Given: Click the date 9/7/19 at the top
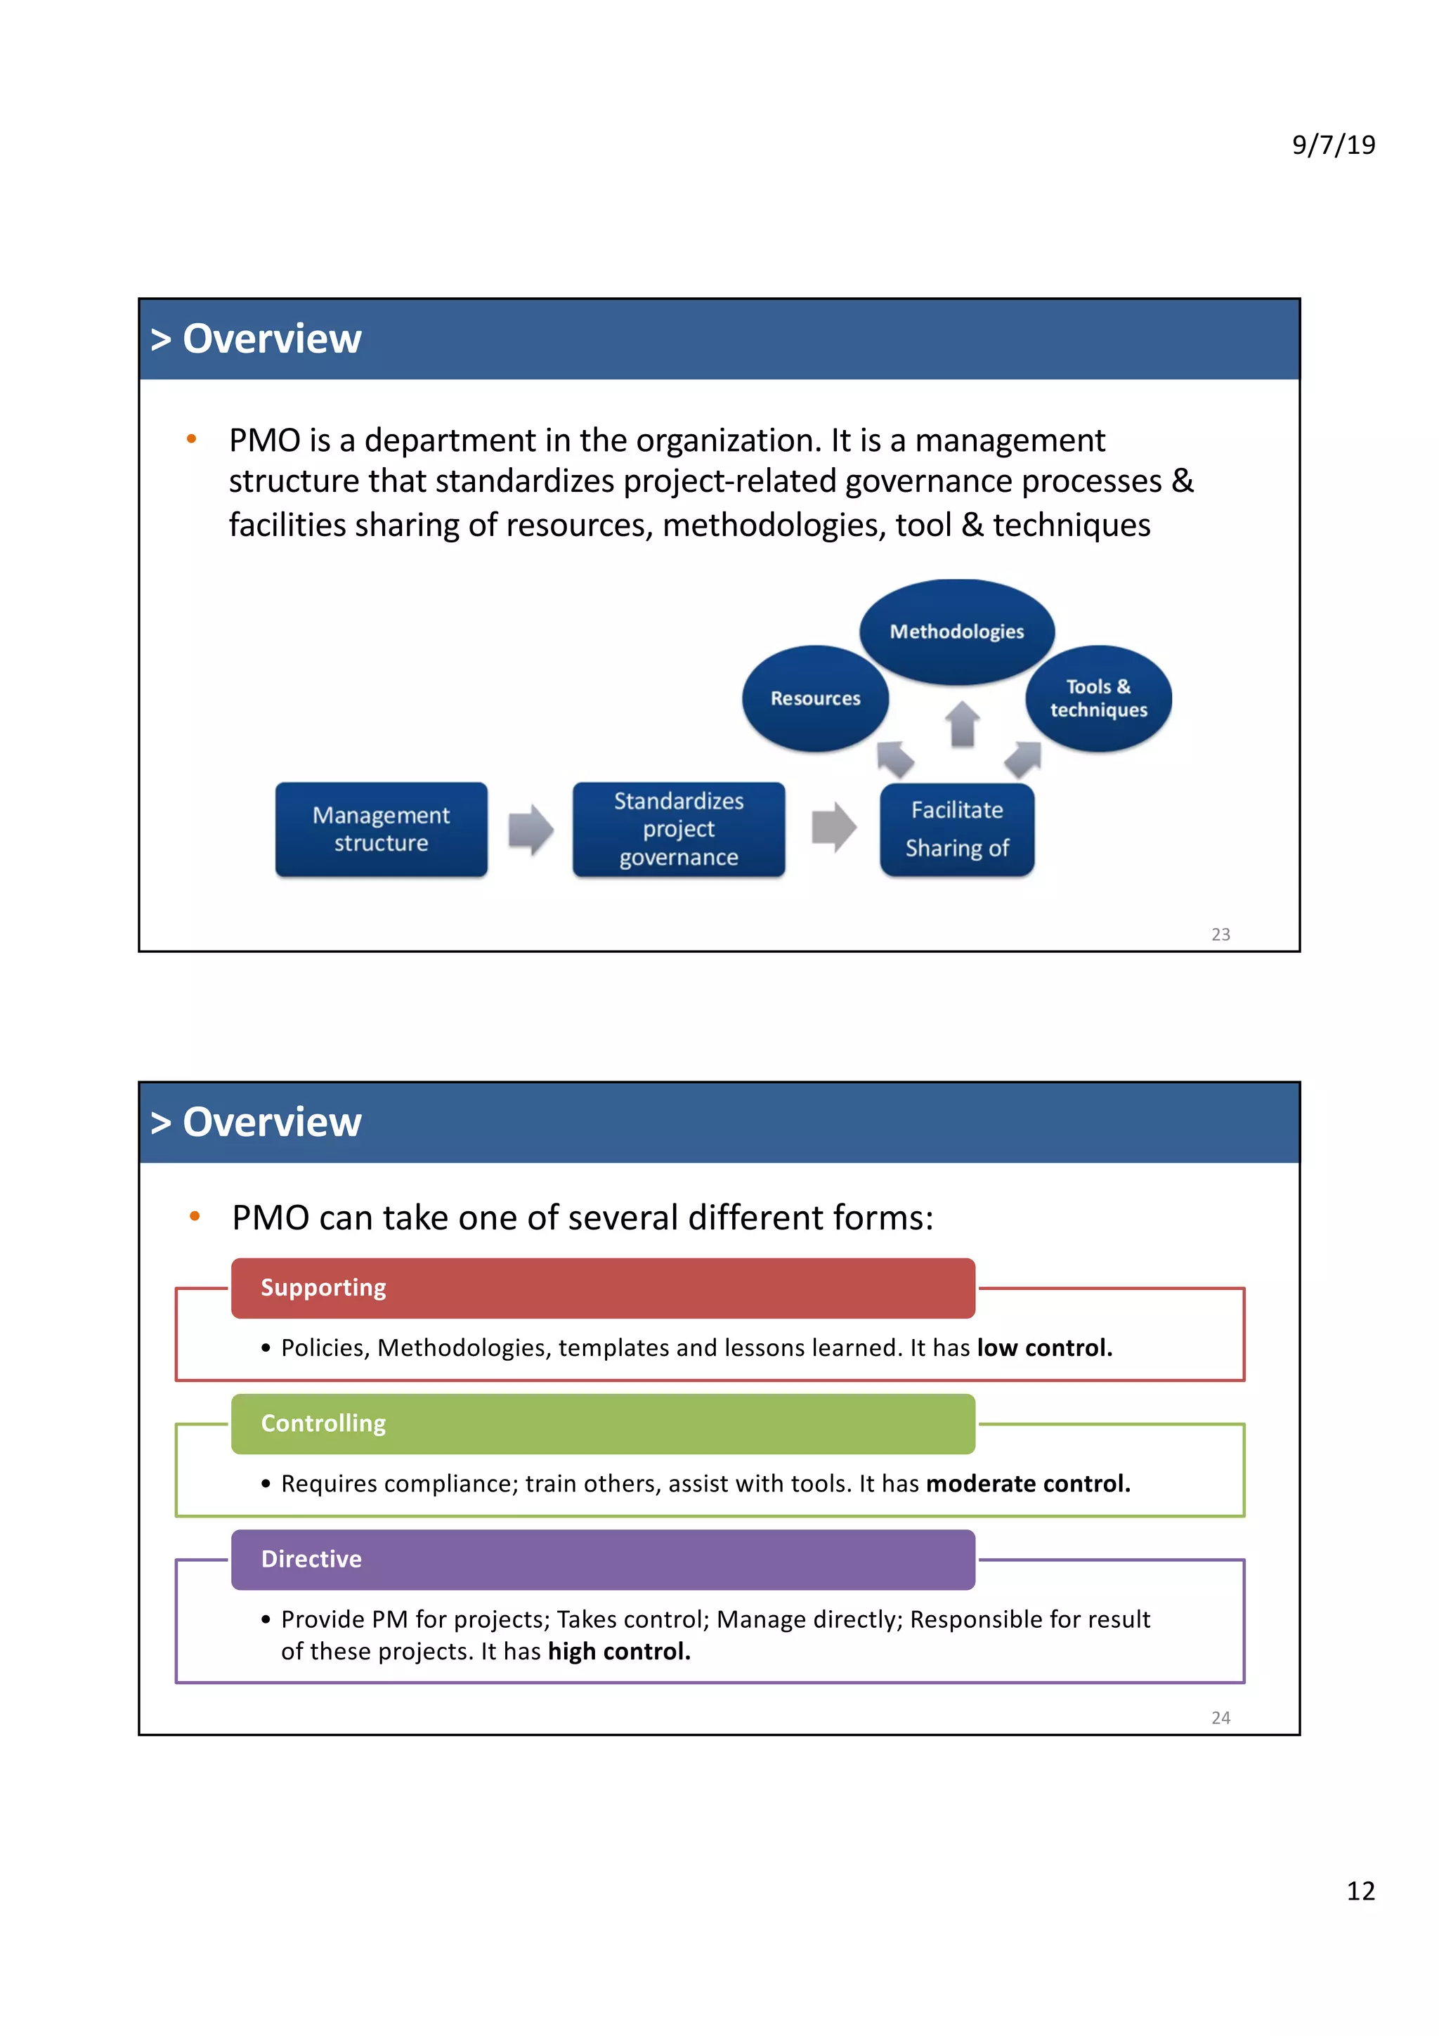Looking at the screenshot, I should click(1333, 145).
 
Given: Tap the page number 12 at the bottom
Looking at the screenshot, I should click(1360, 1891).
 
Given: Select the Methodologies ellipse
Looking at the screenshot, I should click(957, 632).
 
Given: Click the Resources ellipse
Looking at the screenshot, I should click(815, 699).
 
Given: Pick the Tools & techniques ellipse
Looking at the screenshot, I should click(1098, 699).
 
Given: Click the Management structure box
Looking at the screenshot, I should click(382, 829).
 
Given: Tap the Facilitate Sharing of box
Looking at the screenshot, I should click(957, 829).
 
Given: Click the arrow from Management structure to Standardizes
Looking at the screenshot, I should click(530, 830).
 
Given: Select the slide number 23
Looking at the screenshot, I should click(1220, 934).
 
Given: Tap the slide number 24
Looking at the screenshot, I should click(1220, 1718).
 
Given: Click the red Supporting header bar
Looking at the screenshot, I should click(603, 1288).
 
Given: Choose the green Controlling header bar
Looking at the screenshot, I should click(603, 1423).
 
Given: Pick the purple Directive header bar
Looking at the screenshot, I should click(603, 1559).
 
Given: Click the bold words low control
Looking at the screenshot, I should click(1044, 1348).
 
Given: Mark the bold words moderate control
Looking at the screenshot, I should click(1027, 1484).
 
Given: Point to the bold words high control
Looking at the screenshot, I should click(619, 1651).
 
